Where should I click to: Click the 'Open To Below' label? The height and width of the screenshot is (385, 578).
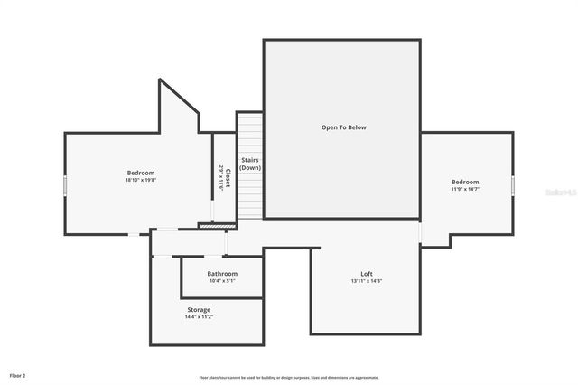(x=343, y=127)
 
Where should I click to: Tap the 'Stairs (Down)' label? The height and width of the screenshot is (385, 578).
(x=250, y=164)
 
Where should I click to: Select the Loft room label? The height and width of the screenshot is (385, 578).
(x=367, y=274)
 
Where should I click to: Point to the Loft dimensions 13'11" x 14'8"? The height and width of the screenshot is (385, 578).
(x=367, y=281)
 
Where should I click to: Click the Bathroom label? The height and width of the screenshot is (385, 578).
(x=222, y=274)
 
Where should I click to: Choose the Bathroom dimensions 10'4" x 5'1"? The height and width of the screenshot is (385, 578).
(x=222, y=281)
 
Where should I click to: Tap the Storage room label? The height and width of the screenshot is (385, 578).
(x=199, y=310)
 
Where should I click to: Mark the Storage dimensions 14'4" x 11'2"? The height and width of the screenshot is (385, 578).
(x=199, y=317)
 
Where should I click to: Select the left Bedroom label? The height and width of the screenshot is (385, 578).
(x=141, y=173)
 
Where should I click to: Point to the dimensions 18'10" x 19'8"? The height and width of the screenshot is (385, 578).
(x=141, y=180)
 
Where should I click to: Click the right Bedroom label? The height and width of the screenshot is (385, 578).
(x=465, y=182)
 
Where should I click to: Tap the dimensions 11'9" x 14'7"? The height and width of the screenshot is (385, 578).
(x=465, y=189)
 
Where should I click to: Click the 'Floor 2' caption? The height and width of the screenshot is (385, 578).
(x=17, y=374)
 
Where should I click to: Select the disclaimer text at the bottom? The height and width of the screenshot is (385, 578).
(x=289, y=378)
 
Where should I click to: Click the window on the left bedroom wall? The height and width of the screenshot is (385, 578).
(x=65, y=184)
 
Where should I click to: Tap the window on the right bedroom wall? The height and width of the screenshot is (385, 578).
(x=513, y=184)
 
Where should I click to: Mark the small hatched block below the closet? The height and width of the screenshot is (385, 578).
(x=210, y=226)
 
